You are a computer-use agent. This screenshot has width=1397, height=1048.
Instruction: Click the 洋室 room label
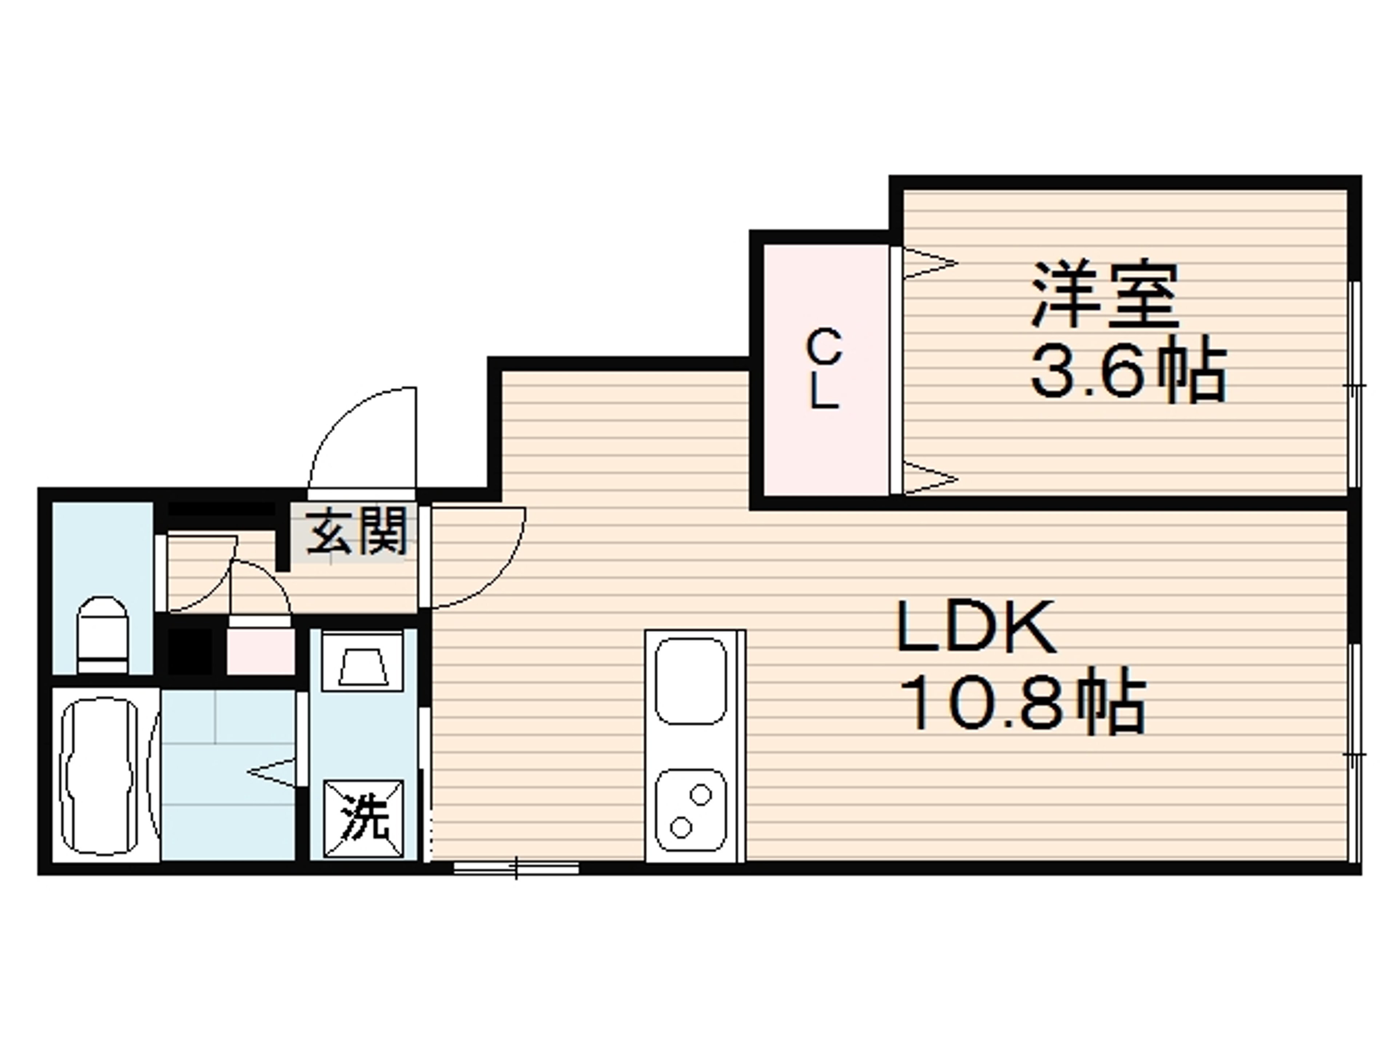(x=1105, y=295)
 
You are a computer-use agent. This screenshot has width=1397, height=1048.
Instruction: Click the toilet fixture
(x=102, y=635)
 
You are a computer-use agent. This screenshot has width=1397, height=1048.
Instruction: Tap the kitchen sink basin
(x=691, y=680)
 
